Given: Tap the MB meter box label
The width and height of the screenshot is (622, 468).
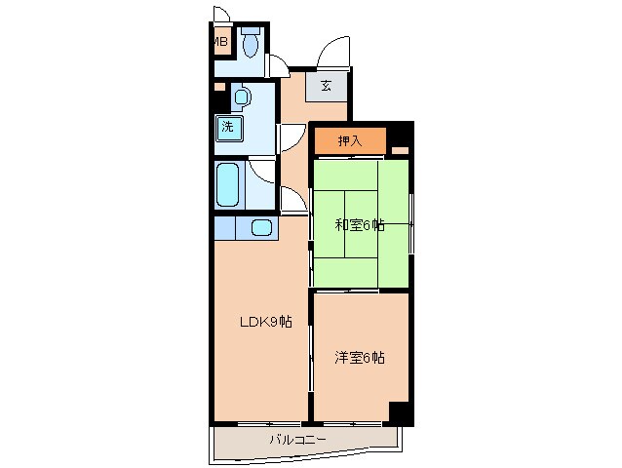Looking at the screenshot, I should (x=220, y=42).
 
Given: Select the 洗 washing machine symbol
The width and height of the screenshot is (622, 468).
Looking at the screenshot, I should (x=227, y=126).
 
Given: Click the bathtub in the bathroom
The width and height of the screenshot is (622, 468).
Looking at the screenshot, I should (x=230, y=184).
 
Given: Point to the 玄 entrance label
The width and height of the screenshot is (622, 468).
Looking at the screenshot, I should (x=326, y=86).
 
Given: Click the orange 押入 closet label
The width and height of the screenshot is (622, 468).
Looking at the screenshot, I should (x=349, y=141).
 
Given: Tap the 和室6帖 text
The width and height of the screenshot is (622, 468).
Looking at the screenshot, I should (x=360, y=225).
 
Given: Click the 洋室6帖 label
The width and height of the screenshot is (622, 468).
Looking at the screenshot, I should (x=360, y=358).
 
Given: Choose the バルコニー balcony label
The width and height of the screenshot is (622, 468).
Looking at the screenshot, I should (x=298, y=441).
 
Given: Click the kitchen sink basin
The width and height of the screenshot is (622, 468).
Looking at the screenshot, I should (x=260, y=228).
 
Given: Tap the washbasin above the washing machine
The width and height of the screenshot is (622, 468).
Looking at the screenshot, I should (x=242, y=97).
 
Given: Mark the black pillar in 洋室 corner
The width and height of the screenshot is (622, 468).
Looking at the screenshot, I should (x=400, y=412).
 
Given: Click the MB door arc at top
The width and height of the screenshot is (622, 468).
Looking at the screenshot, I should (x=221, y=17).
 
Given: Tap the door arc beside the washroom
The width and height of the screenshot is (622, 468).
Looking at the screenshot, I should (x=292, y=137).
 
